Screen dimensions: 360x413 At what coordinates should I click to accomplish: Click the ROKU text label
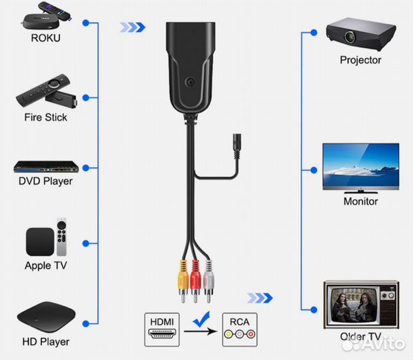click(45, 38)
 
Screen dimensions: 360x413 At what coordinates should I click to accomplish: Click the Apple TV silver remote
click(62, 237)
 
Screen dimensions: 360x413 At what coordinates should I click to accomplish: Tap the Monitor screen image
click(360, 167)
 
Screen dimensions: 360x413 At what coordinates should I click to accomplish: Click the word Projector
click(360, 60)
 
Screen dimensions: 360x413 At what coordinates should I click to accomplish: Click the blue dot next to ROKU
click(86, 23)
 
